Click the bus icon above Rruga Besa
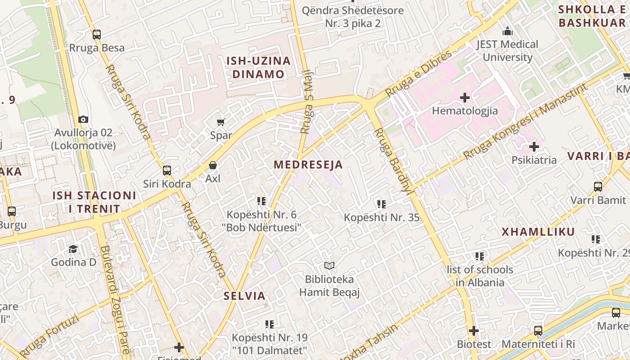96,35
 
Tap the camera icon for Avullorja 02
83,119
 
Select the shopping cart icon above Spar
221,122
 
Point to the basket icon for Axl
213,165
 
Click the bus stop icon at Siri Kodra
167,171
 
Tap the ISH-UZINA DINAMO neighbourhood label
258,67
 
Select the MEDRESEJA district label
308,165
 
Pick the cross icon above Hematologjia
465,97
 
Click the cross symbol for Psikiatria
534,147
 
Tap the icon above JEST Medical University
508,31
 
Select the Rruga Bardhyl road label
394,160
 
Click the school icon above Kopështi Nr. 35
382,204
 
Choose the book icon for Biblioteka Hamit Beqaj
329,266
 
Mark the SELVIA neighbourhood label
244,296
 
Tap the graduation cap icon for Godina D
73,249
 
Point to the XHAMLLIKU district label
538,232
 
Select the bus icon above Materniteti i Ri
538,331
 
